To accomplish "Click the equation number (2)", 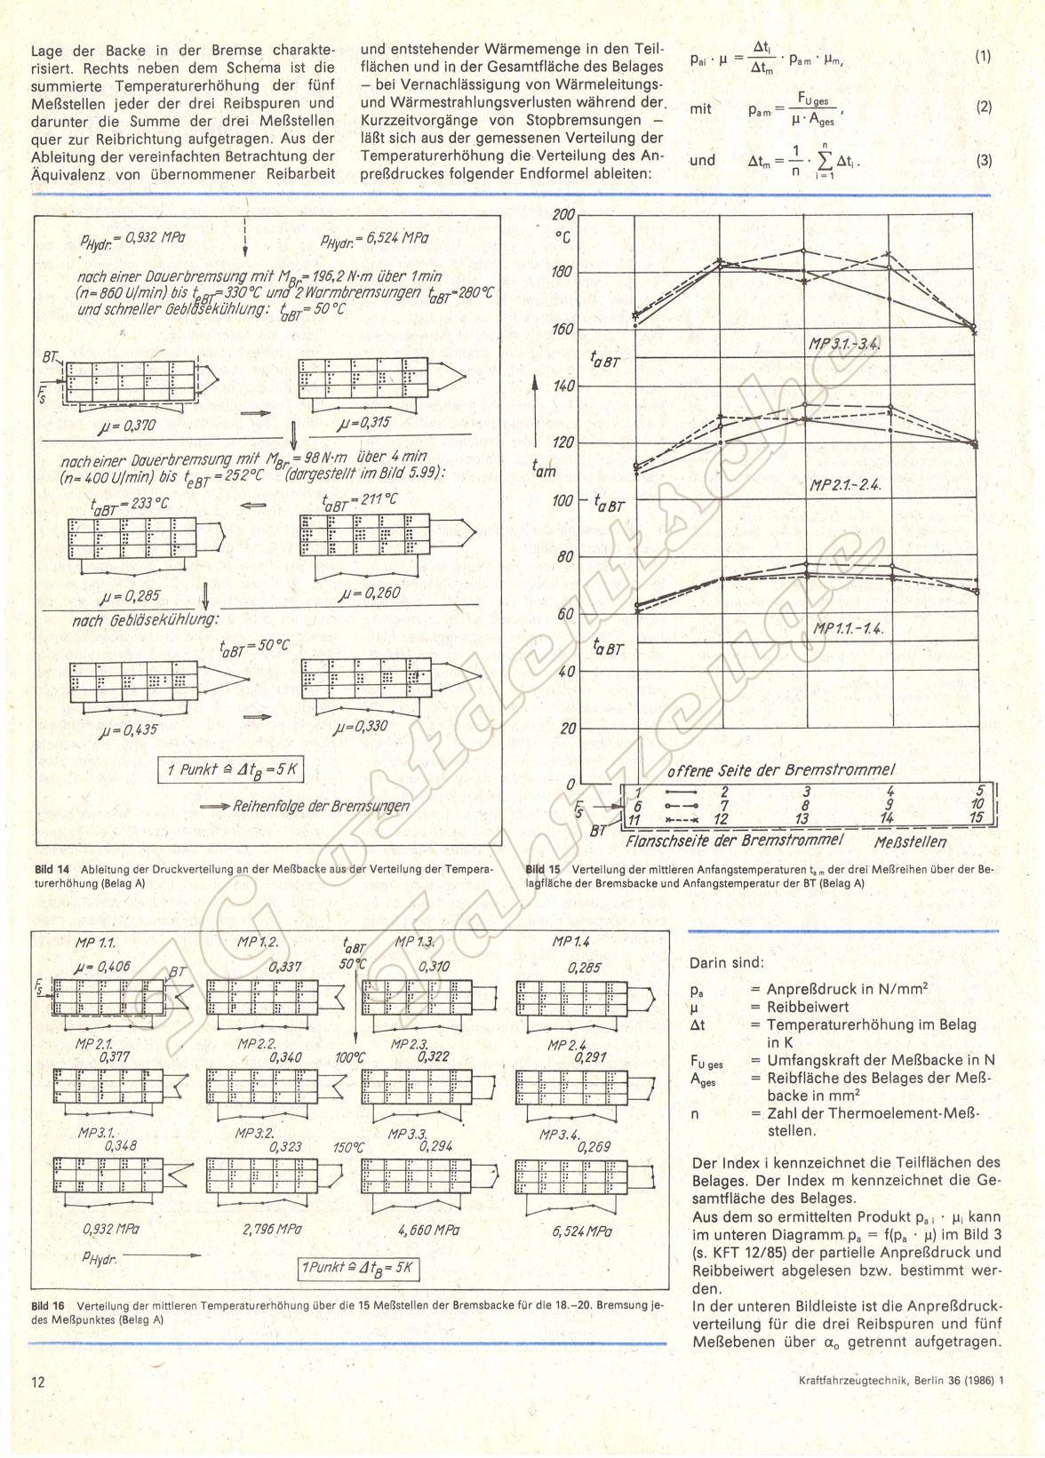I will click(983, 108).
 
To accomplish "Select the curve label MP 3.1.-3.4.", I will click(844, 344).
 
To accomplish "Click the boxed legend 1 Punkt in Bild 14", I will click(231, 771).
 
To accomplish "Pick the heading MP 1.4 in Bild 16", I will click(570, 942).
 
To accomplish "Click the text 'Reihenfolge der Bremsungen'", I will click(321, 806).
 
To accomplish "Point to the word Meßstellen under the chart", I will click(910, 840).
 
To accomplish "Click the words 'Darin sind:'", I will click(727, 961).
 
